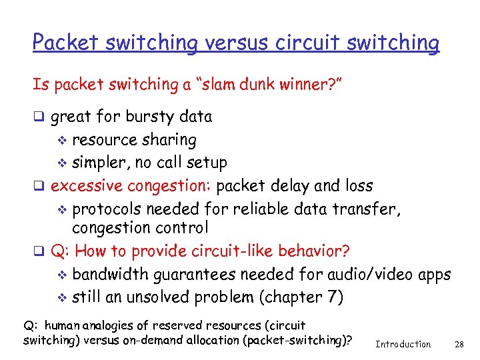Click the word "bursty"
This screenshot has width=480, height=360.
(x=147, y=117)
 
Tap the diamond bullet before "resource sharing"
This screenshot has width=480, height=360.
(x=64, y=141)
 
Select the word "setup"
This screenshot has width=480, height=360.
(x=206, y=163)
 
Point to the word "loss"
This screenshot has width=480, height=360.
(x=359, y=185)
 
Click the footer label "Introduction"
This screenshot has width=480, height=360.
(x=403, y=344)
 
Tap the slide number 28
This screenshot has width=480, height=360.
(x=458, y=344)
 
